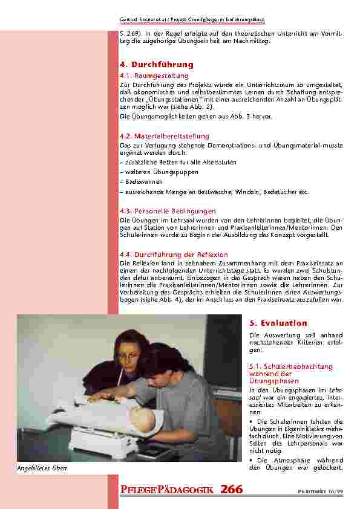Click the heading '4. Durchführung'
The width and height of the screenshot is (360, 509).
(x=157, y=64)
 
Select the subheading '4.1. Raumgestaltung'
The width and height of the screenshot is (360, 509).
(x=150, y=76)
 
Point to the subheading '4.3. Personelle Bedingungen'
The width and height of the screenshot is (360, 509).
(x=168, y=210)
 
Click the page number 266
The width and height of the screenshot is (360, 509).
(x=232, y=490)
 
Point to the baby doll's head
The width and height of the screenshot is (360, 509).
(x=151, y=412)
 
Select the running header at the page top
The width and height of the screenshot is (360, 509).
(x=232, y=21)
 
